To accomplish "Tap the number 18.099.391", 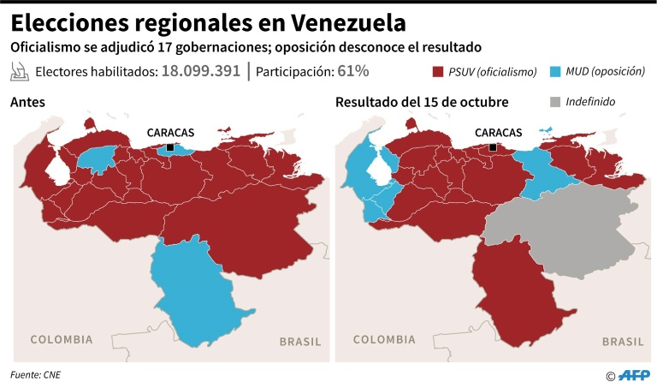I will (x=200, y=71).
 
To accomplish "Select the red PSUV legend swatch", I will (x=439, y=72).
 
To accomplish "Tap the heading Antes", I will (x=27, y=102).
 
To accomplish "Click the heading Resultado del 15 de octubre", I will (x=422, y=102).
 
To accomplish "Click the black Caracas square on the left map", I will (x=170, y=147).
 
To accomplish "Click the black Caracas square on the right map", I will (x=493, y=147).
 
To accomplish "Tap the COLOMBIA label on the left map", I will (x=62, y=340).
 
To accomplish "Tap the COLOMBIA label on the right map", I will (x=385, y=340).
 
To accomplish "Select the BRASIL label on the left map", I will (x=300, y=342).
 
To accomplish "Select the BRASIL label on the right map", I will (x=623, y=342).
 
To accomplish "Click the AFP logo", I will (x=634, y=374).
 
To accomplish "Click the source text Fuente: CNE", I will (x=36, y=374).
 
